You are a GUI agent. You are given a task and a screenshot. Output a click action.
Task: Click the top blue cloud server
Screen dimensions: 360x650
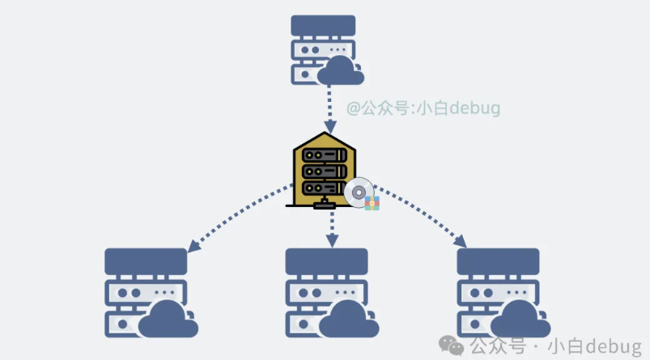323,49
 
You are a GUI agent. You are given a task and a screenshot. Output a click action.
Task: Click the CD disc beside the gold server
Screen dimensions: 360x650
359,192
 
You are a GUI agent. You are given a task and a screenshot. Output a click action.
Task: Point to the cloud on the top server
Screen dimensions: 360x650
340,70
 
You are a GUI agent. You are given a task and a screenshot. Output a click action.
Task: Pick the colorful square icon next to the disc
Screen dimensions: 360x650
372,202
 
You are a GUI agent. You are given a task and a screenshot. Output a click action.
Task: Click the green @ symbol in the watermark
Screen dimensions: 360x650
354,108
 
